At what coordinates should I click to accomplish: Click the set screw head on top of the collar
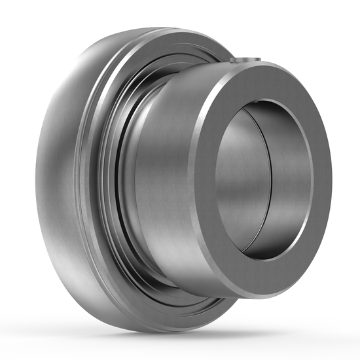point(247,60)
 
